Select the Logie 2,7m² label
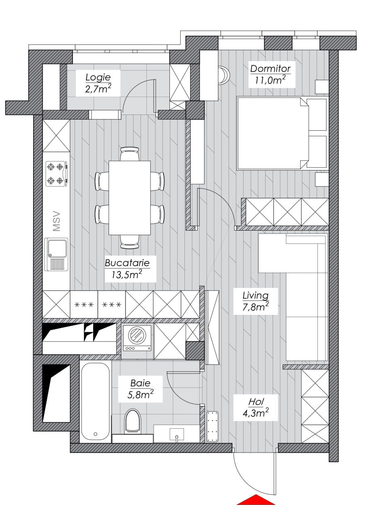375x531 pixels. tap(98, 83)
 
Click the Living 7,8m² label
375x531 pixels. tap(256, 301)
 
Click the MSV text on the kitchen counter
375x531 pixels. tap(57, 222)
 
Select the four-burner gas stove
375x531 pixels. tap(58, 174)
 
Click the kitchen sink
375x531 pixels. tap(56, 254)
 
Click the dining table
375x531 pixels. tap(130, 198)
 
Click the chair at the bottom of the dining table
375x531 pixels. tap(130, 242)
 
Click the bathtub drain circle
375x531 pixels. tap(95, 434)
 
